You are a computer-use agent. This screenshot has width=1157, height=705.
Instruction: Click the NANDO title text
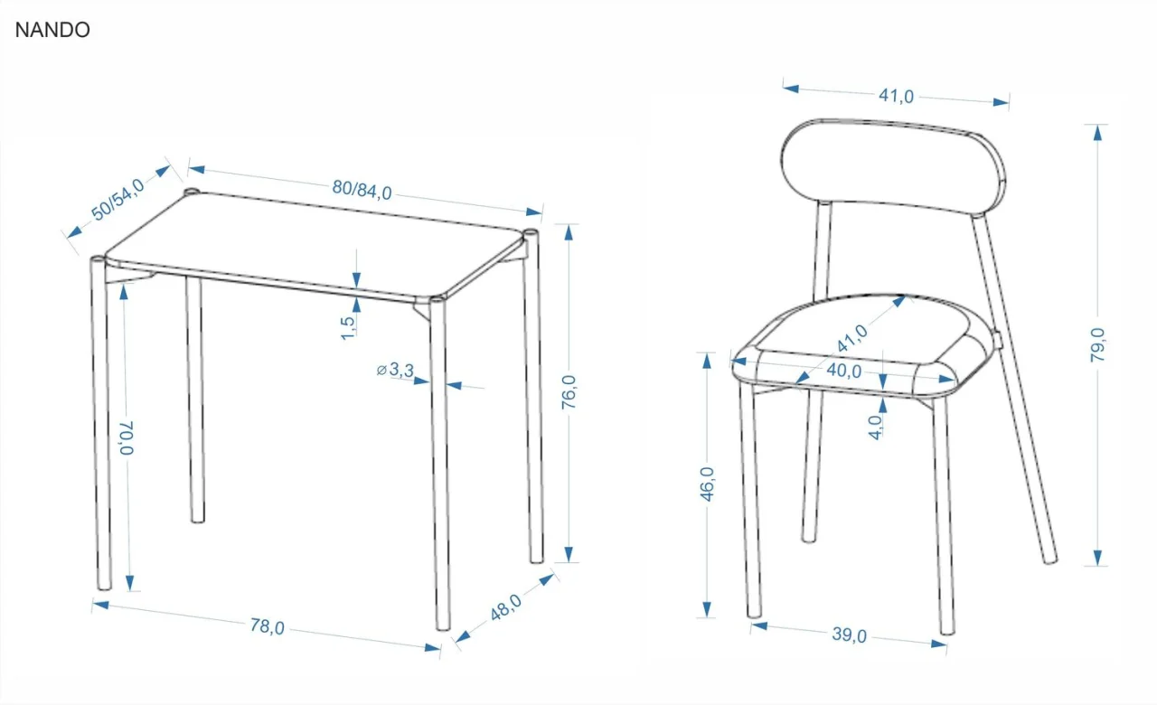52,30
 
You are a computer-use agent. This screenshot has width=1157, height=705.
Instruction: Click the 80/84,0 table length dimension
362,190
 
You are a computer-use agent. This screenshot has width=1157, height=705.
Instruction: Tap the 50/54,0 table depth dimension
118,199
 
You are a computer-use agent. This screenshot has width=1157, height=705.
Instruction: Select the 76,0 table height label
569,392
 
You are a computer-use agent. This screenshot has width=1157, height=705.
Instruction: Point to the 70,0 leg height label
127,438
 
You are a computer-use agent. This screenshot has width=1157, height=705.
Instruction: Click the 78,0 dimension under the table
267,626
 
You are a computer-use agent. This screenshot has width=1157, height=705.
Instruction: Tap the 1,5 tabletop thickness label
348,328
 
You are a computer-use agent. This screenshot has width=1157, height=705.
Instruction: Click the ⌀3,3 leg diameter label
396,370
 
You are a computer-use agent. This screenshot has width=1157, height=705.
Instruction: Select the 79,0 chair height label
1097,344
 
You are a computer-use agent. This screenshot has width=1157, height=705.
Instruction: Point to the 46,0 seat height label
707,484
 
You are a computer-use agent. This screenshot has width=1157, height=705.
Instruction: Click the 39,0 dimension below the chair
849,634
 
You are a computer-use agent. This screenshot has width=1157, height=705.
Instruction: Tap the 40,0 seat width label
844,371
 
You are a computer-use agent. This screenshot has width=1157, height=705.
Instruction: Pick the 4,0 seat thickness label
875,428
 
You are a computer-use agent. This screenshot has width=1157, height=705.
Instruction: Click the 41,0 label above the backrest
896,96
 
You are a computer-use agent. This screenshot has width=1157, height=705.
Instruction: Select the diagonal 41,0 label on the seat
852,338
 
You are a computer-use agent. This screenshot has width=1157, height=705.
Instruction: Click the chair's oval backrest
893,166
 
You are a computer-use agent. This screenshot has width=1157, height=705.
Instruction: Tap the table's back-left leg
195,399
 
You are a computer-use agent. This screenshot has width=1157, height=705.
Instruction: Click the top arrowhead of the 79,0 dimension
1097,133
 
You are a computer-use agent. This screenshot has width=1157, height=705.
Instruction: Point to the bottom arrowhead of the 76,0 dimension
569,554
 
